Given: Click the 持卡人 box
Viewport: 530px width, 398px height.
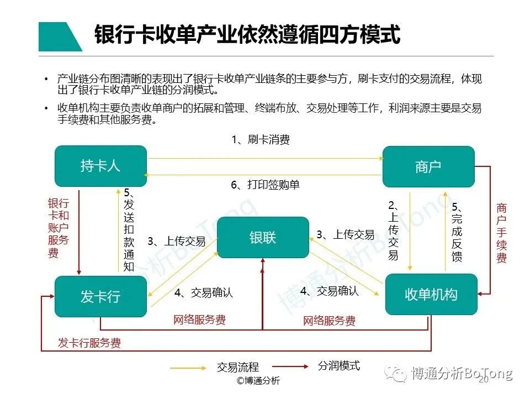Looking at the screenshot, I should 100,166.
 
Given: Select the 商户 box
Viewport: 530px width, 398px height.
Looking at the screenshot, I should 428,166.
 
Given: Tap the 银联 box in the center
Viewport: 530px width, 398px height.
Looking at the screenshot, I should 263,237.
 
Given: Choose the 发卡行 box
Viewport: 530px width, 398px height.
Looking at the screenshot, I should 100,296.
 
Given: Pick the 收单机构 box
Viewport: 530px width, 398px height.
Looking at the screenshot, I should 431,294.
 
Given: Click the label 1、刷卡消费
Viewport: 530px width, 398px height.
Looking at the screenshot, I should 260,140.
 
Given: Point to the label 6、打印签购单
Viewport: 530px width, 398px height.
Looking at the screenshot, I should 265,185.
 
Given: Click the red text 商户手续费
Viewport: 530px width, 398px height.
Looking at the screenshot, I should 501,233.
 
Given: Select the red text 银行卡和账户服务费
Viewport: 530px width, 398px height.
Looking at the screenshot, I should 58,228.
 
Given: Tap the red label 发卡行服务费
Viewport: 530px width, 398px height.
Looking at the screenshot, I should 89,343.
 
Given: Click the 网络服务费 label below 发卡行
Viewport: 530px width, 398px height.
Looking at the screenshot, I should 199,320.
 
